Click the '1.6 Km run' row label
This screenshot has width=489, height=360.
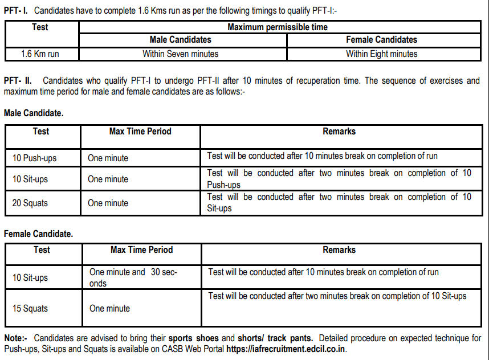[x=41, y=54]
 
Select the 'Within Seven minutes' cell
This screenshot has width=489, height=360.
[x=181, y=54]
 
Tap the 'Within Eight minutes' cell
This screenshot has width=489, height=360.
[x=381, y=54]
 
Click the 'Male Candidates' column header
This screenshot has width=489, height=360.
[x=181, y=40]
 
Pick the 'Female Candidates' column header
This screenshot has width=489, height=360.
[x=381, y=40]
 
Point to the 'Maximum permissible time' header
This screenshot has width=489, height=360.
[x=278, y=27]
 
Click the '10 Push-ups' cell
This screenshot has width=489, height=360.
[x=35, y=158]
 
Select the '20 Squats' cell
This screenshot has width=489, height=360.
[x=30, y=203]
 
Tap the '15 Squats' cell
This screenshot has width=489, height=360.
[x=30, y=309]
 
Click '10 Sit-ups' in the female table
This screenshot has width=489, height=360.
[x=30, y=278]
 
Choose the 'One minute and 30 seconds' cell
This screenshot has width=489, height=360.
[x=133, y=277]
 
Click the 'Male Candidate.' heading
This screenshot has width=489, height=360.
[x=34, y=113]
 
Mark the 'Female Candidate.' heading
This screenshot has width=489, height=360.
[x=38, y=234]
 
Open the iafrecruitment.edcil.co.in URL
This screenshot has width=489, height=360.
[x=286, y=349]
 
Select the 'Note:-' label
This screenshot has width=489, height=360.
[x=15, y=338]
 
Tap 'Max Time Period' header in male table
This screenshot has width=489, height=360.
[x=140, y=132]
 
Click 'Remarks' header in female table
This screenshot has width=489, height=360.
[x=339, y=250]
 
